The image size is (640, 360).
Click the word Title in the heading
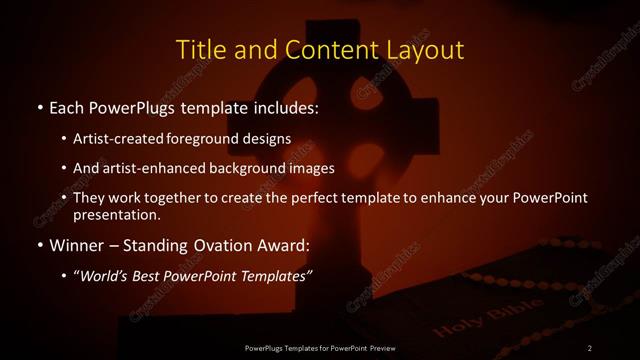pyautogui.click(x=202, y=49)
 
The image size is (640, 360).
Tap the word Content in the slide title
pyautogui.click(x=321, y=49)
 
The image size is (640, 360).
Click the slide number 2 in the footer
pyautogui.click(x=590, y=347)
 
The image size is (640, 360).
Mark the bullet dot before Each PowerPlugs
pyautogui.click(x=39, y=106)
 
